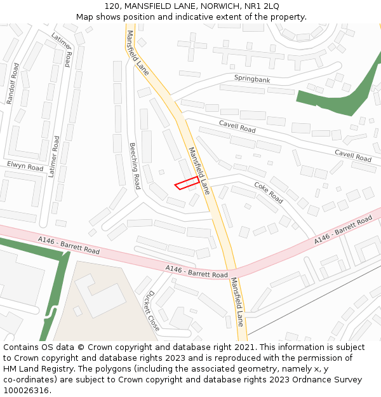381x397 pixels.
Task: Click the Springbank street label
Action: pyautogui.click(x=252, y=79)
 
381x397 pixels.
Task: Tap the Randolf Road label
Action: pyautogui.click(x=11, y=83)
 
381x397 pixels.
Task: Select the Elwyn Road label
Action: pyautogui.click(x=25, y=167)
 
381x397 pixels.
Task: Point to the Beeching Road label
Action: pyautogui.click(x=133, y=165)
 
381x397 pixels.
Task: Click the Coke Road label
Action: pyautogui.click(x=269, y=192)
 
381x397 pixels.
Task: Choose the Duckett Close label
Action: pyautogui.click(x=152, y=311)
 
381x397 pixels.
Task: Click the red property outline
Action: pyautogui.click(x=187, y=184)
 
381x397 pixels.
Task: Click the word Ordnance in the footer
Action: pyautogui.click(x=300, y=379)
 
